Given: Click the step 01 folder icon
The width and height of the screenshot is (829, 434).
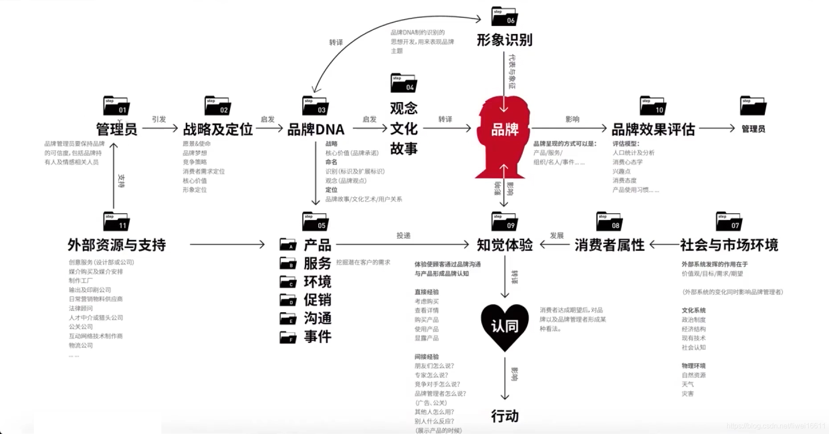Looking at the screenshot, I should (x=116, y=106).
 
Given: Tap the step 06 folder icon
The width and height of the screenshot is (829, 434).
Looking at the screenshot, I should (x=504, y=17).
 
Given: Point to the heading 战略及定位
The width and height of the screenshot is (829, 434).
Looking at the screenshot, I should (x=218, y=129).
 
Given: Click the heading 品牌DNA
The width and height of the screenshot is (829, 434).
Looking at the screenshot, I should (x=316, y=129).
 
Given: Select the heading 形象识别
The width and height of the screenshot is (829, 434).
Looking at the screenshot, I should (x=504, y=40).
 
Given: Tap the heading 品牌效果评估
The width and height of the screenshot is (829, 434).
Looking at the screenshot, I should (x=653, y=129).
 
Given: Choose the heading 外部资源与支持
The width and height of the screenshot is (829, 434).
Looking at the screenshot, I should (x=117, y=245).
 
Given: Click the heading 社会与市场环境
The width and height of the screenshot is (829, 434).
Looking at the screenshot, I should (x=729, y=245).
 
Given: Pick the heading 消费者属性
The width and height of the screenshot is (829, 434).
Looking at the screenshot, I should (x=609, y=245).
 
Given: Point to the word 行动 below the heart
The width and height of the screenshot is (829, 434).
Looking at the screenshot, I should (x=505, y=416).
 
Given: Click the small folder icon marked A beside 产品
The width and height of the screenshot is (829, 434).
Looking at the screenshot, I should (x=288, y=244).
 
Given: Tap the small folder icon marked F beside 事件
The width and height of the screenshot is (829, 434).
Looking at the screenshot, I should (x=288, y=337).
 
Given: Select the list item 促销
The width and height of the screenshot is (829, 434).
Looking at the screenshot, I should (x=317, y=300).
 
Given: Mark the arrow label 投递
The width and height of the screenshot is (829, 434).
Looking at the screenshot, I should (x=403, y=236).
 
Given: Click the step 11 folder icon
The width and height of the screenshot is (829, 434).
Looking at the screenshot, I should (x=116, y=222).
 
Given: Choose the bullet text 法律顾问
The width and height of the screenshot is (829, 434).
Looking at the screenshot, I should (x=81, y=308).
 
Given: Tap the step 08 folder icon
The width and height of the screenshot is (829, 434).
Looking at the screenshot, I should (x=609, y=222).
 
